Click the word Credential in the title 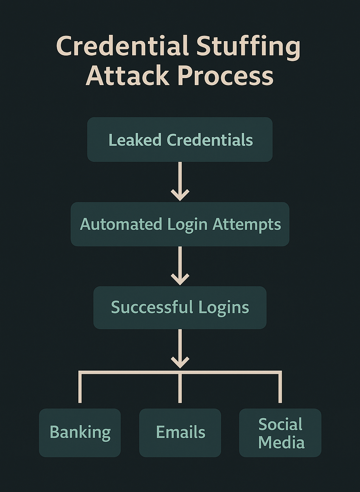(x=123, y=46)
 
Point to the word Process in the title (x=225, y=76)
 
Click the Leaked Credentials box (x=180, y=140)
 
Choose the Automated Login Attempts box (x=180, y=224)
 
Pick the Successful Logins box (x=180, y=308)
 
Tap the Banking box (x=80, y=433)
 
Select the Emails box (x=180, y=433)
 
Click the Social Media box (x=280, y=433)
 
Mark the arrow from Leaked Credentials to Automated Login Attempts (x=180, y=181)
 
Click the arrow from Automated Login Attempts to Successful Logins (x=180, y=266)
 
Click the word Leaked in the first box (x=135, y=140)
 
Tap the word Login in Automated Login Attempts (x=187, y=225)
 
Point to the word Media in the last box (x=281, y=442)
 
